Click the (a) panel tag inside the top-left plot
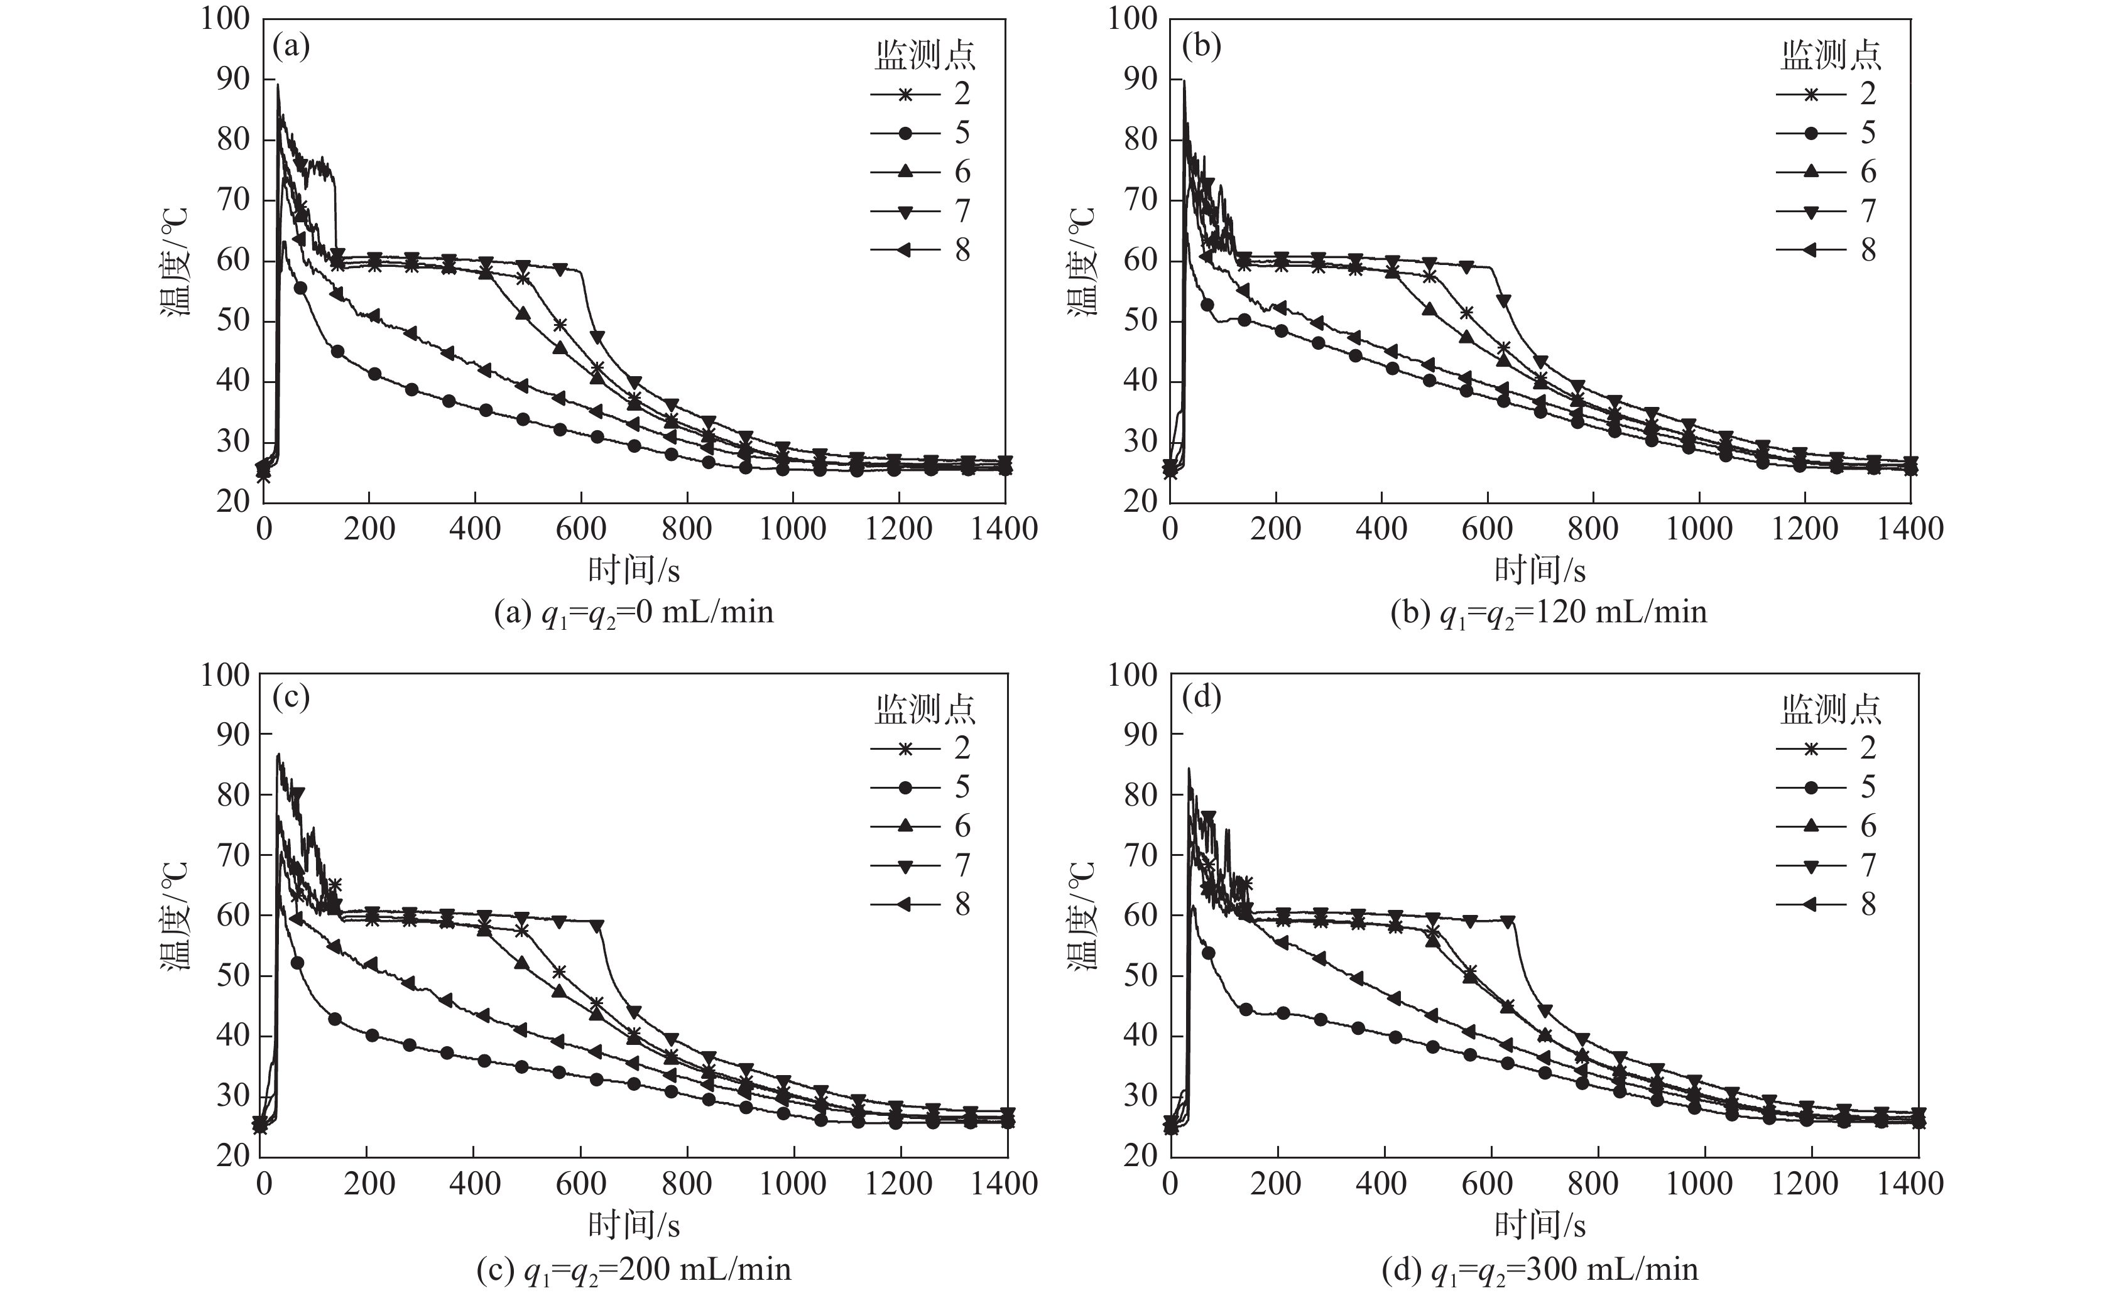point(290,45)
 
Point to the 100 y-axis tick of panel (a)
point(225,19)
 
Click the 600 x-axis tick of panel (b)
point(1486,528)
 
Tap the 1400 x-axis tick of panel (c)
point(1004,1183)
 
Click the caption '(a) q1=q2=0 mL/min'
point(634,613)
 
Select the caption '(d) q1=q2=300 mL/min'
point(1540,1268)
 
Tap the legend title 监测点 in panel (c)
point(925,709)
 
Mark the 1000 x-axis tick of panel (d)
point(1699,1183)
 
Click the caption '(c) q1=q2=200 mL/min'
point(634,1268)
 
